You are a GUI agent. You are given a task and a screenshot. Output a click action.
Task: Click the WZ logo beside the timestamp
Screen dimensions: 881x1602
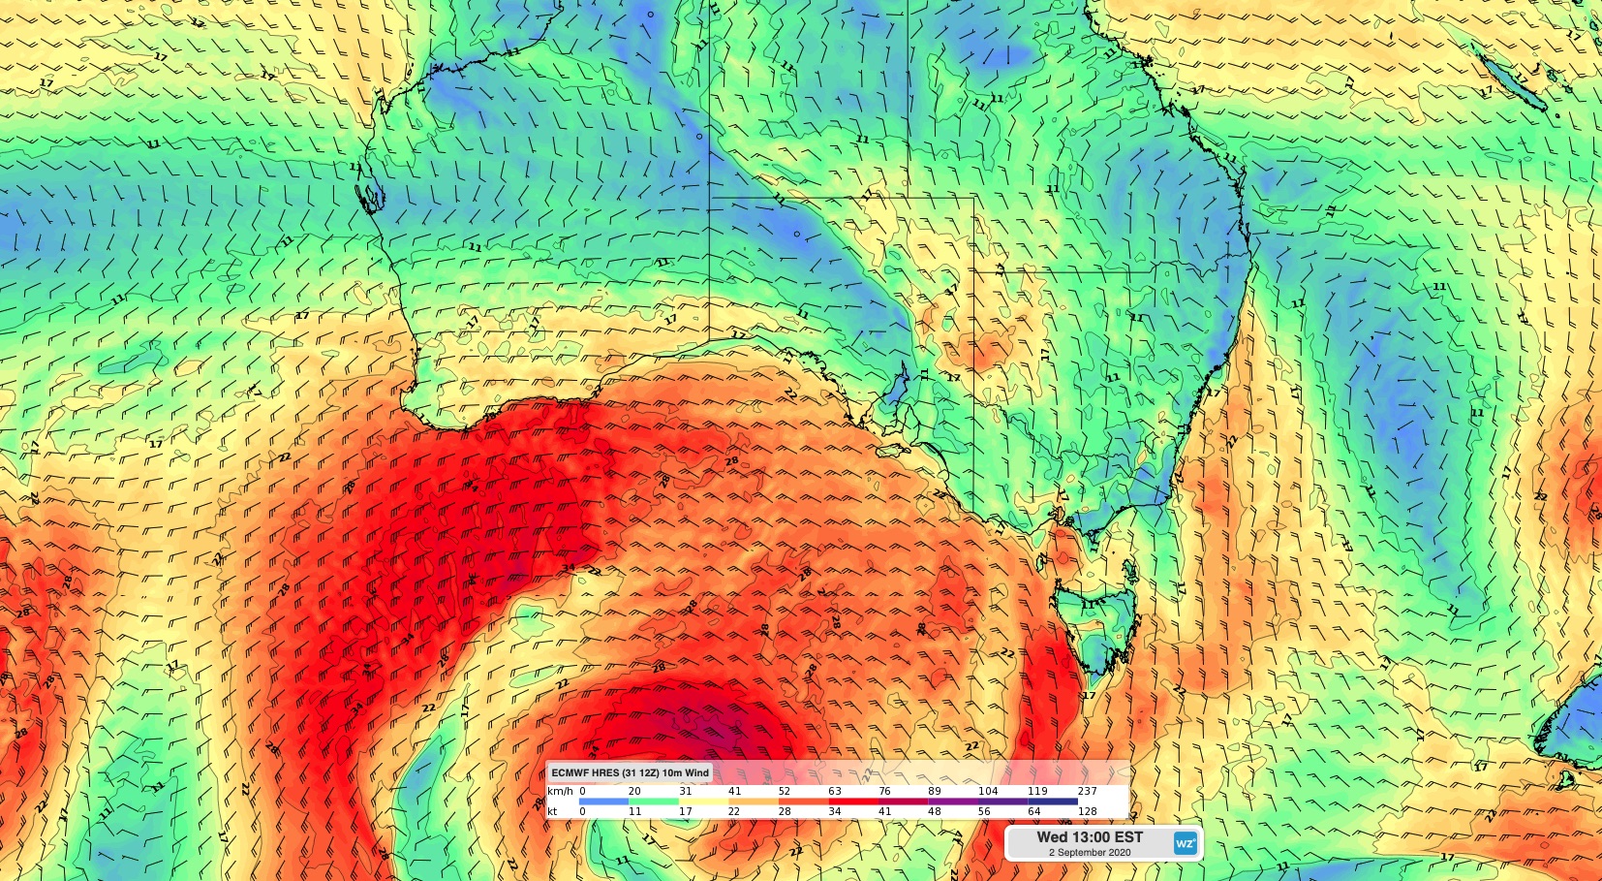(1186, 843)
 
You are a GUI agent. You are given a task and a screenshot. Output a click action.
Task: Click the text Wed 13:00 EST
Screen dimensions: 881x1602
(1090, 836)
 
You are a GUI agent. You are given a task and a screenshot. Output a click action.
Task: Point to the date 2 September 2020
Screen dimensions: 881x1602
(1090, 853)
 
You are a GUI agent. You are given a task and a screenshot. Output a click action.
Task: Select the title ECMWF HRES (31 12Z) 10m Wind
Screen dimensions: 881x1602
(631, 772)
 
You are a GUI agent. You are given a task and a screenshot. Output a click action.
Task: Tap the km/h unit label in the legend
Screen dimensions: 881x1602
(559, 792)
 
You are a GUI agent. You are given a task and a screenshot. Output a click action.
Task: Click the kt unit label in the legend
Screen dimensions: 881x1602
(552, 812)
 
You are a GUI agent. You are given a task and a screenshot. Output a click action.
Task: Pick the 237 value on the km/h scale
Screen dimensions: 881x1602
(1087, 792)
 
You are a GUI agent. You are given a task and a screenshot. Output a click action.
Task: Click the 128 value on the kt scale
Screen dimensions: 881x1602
(1087, 812)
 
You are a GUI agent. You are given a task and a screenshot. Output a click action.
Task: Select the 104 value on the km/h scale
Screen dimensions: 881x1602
(987, 792)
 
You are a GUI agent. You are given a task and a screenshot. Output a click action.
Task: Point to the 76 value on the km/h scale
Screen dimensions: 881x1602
(884, 792)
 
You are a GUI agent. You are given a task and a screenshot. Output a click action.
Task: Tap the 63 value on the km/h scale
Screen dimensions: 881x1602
(834, 792)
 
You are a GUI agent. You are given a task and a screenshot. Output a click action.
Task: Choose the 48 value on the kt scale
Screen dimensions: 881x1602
(934, 812)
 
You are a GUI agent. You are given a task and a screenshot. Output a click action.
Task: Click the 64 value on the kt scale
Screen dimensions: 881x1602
(1033, 812)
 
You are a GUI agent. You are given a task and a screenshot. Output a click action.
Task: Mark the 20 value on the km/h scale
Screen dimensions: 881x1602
(634, 792)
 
